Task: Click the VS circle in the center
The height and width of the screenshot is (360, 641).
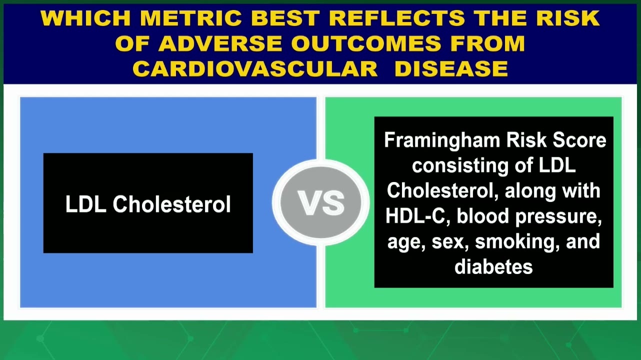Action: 321,202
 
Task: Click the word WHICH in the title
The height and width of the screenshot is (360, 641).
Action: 85,18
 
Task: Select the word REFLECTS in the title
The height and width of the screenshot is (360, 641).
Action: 397,18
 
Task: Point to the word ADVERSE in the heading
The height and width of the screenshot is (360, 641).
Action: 220,43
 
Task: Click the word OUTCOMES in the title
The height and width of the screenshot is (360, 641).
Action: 366,43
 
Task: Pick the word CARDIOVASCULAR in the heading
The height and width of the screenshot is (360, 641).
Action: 255,69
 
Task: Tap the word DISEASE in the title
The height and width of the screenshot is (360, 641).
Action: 451,69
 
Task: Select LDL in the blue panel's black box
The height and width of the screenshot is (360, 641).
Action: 85,204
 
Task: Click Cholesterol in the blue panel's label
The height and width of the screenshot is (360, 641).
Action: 171,204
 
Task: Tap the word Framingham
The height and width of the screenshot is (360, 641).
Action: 442,141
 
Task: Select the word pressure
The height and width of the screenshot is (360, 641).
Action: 558,217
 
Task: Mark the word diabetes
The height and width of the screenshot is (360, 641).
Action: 493,266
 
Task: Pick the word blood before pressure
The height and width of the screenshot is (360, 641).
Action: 483,216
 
